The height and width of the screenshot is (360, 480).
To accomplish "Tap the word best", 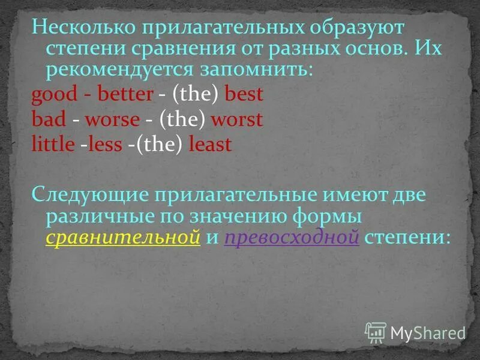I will (244, 94).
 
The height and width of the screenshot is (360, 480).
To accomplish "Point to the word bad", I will (48, 119).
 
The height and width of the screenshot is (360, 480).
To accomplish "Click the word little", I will (52, 145).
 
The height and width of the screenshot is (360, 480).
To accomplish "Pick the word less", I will (105, 145).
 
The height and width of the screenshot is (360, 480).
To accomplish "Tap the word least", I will (209, 145).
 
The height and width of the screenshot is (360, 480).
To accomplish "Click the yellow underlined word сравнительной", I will (123, 237).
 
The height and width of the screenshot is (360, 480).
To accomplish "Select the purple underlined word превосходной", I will (292, 237).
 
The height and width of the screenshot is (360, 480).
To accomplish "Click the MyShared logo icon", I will (376, 332).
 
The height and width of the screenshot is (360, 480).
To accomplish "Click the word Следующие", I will (89, 195).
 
